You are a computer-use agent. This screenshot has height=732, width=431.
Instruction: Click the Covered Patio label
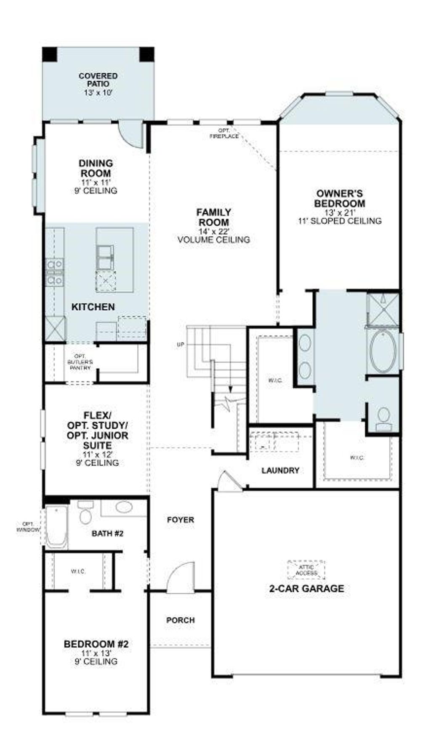point(98,80)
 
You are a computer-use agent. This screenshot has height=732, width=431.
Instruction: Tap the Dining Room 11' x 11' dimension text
point(96,182)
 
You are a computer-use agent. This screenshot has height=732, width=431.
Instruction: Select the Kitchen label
point(93,307)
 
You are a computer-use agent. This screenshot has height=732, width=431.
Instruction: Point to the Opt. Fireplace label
point(224,134)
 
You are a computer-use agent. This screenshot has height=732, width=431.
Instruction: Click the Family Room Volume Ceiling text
point(214,240)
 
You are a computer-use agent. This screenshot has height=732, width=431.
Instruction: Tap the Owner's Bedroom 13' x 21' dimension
point(339,213)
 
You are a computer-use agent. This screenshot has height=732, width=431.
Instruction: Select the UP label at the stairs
point(181,345)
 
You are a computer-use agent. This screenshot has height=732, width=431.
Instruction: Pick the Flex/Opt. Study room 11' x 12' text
point(97,455)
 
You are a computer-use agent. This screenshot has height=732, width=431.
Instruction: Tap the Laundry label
point(280,470)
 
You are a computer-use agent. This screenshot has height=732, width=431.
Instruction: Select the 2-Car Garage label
point(306,589)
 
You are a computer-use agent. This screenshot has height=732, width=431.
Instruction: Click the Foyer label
point(181,520)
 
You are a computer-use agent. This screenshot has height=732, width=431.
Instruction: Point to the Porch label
point(181,620)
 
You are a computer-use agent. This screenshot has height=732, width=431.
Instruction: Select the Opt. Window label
point(28,527)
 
